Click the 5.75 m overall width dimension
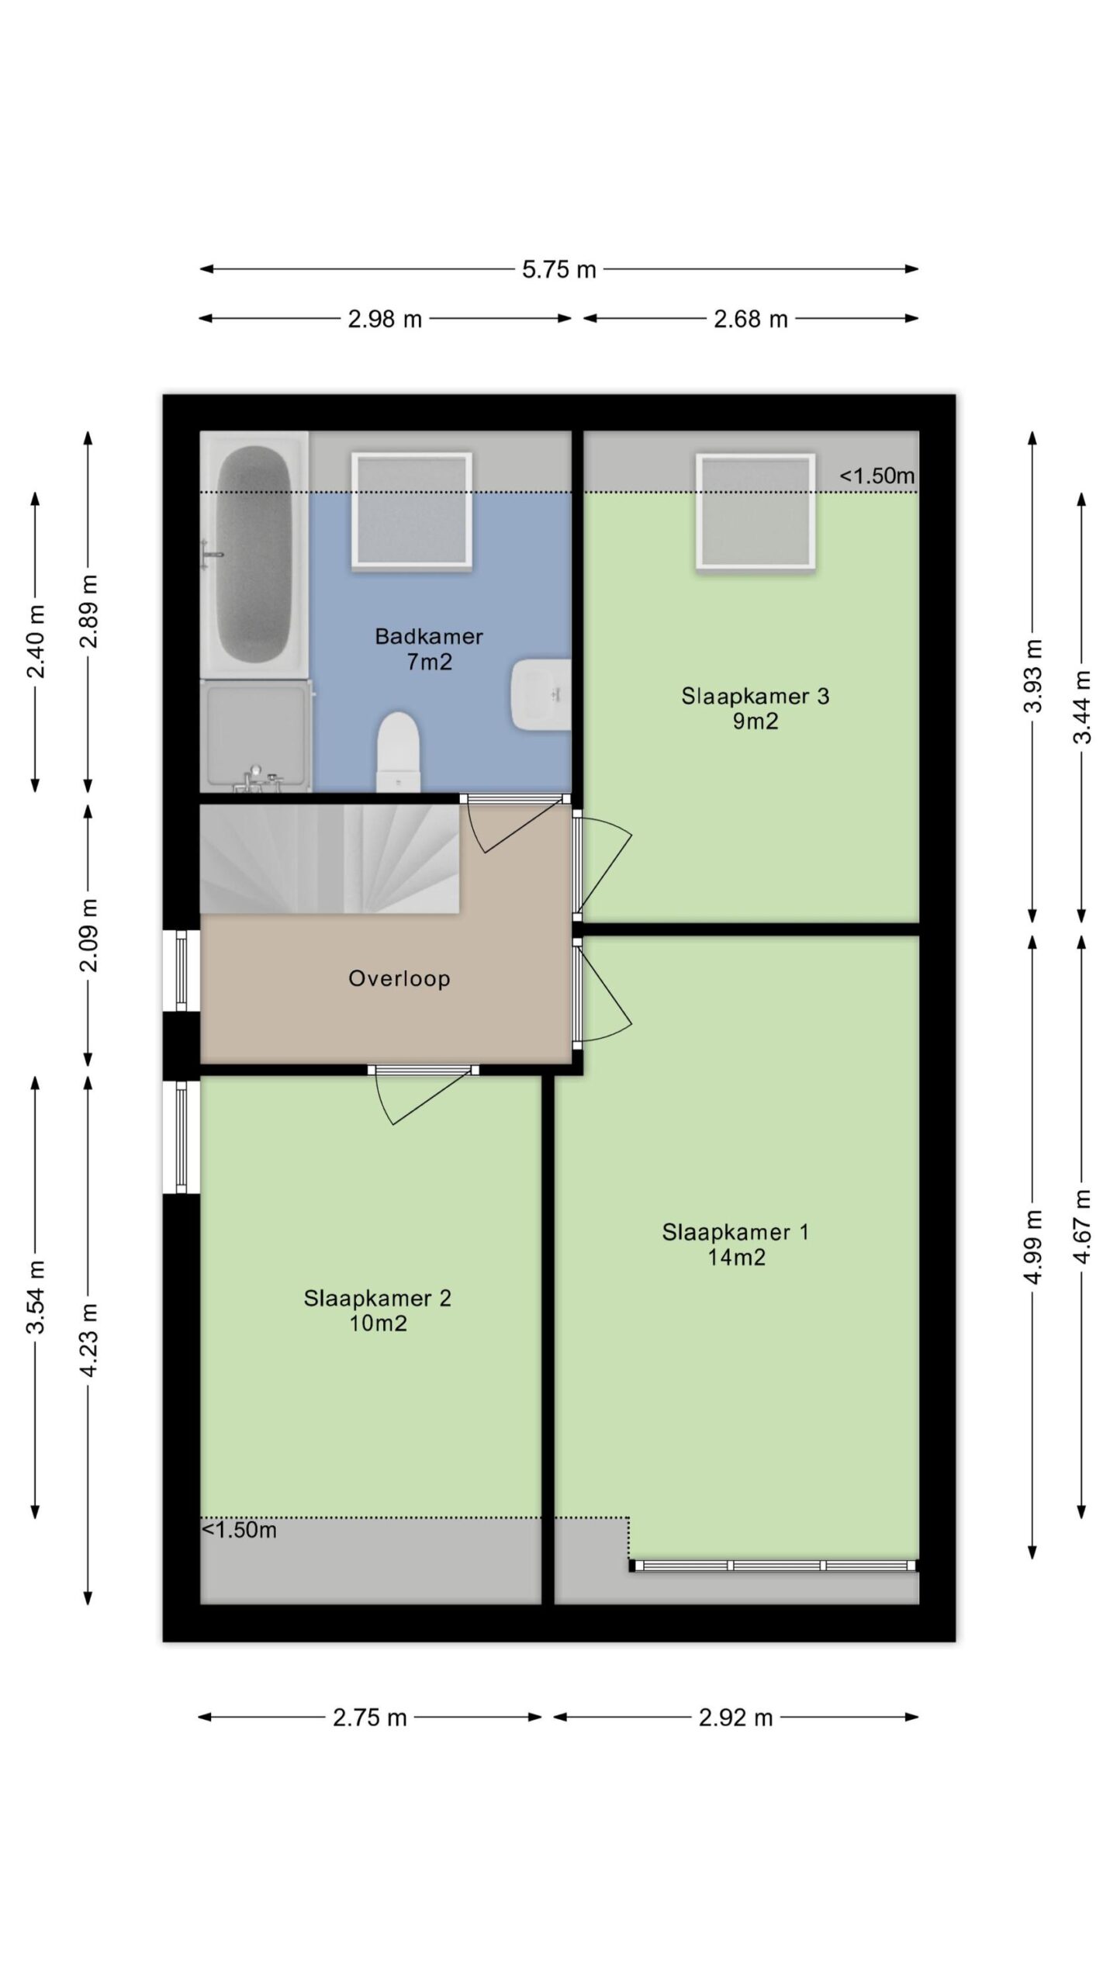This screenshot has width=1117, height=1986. coord(558,269)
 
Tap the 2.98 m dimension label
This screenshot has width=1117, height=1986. coord(385,319)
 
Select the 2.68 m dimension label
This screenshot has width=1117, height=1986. coord(751,319)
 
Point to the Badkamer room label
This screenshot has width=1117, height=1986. coord(429,636)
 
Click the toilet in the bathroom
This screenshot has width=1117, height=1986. coord(398,753)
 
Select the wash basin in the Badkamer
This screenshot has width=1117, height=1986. coord(541,694)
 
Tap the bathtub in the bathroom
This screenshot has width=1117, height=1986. coord(254,556)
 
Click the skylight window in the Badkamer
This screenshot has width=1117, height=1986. coord(412,511)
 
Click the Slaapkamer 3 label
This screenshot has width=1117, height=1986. coord(756,696)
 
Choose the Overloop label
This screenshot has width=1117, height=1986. coord(399,978)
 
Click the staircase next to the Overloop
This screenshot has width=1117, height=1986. coord(330,858)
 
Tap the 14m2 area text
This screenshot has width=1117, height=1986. coord(736,1257)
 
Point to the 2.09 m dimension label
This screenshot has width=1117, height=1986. coord(89,935)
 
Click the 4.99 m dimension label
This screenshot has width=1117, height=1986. coord(1032,1247)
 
